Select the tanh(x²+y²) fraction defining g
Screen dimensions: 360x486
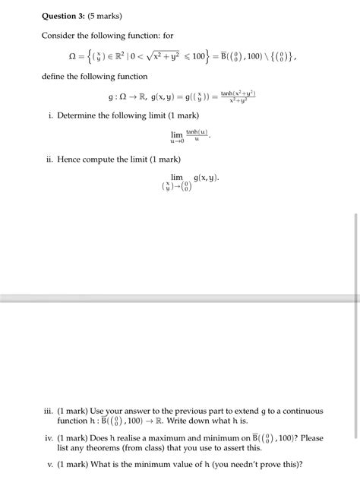pyautogui.click(x=238, y=97)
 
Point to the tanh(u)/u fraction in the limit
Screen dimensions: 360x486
pyautogui.click(x=197, y=136)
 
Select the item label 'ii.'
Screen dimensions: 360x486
pyautogui.click(x=49, y=159)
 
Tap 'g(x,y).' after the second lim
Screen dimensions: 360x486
pyautogui.click(x=207, y=177)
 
